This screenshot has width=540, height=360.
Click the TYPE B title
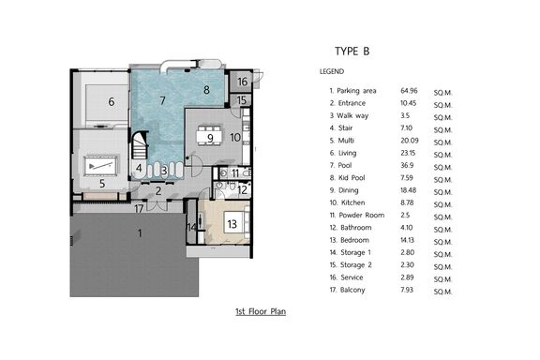pos(352,52)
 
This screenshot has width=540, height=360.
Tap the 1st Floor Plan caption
pos(261,311)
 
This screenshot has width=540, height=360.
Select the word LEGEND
pos(332,71)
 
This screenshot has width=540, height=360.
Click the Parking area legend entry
pos(352,91)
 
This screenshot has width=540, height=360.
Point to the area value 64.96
pos(409,91)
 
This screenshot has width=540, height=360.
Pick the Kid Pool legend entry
pos(347,178)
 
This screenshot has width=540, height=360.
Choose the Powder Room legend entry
pos(357,215)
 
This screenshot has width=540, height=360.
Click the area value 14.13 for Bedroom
pos(407,240)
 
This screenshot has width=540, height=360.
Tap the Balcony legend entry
pos(347,290)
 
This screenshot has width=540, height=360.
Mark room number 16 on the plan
pos(243,82)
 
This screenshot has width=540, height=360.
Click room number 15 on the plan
pos(242,100)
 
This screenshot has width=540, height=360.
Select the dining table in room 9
pos(209,135)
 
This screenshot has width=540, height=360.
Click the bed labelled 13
pos(236,223)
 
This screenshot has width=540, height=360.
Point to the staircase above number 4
pos(140,145)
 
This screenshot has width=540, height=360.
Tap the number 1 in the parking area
pos(140,233)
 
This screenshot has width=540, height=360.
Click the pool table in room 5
pos(100,166)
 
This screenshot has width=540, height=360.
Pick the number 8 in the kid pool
pos(206,90)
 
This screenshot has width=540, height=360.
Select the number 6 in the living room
pos(112,101)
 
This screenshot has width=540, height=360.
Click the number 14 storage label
pos(192,228)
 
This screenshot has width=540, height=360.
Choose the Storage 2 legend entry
pos(351,265)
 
